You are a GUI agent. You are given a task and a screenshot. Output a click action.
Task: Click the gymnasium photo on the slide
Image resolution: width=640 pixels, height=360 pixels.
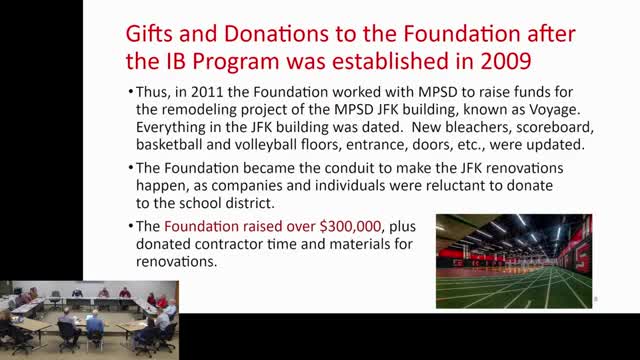pyautogui.click(x=513, y=260)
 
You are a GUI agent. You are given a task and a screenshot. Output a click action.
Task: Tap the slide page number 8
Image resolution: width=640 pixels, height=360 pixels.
pyautogui.click(x=595, y=299)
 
